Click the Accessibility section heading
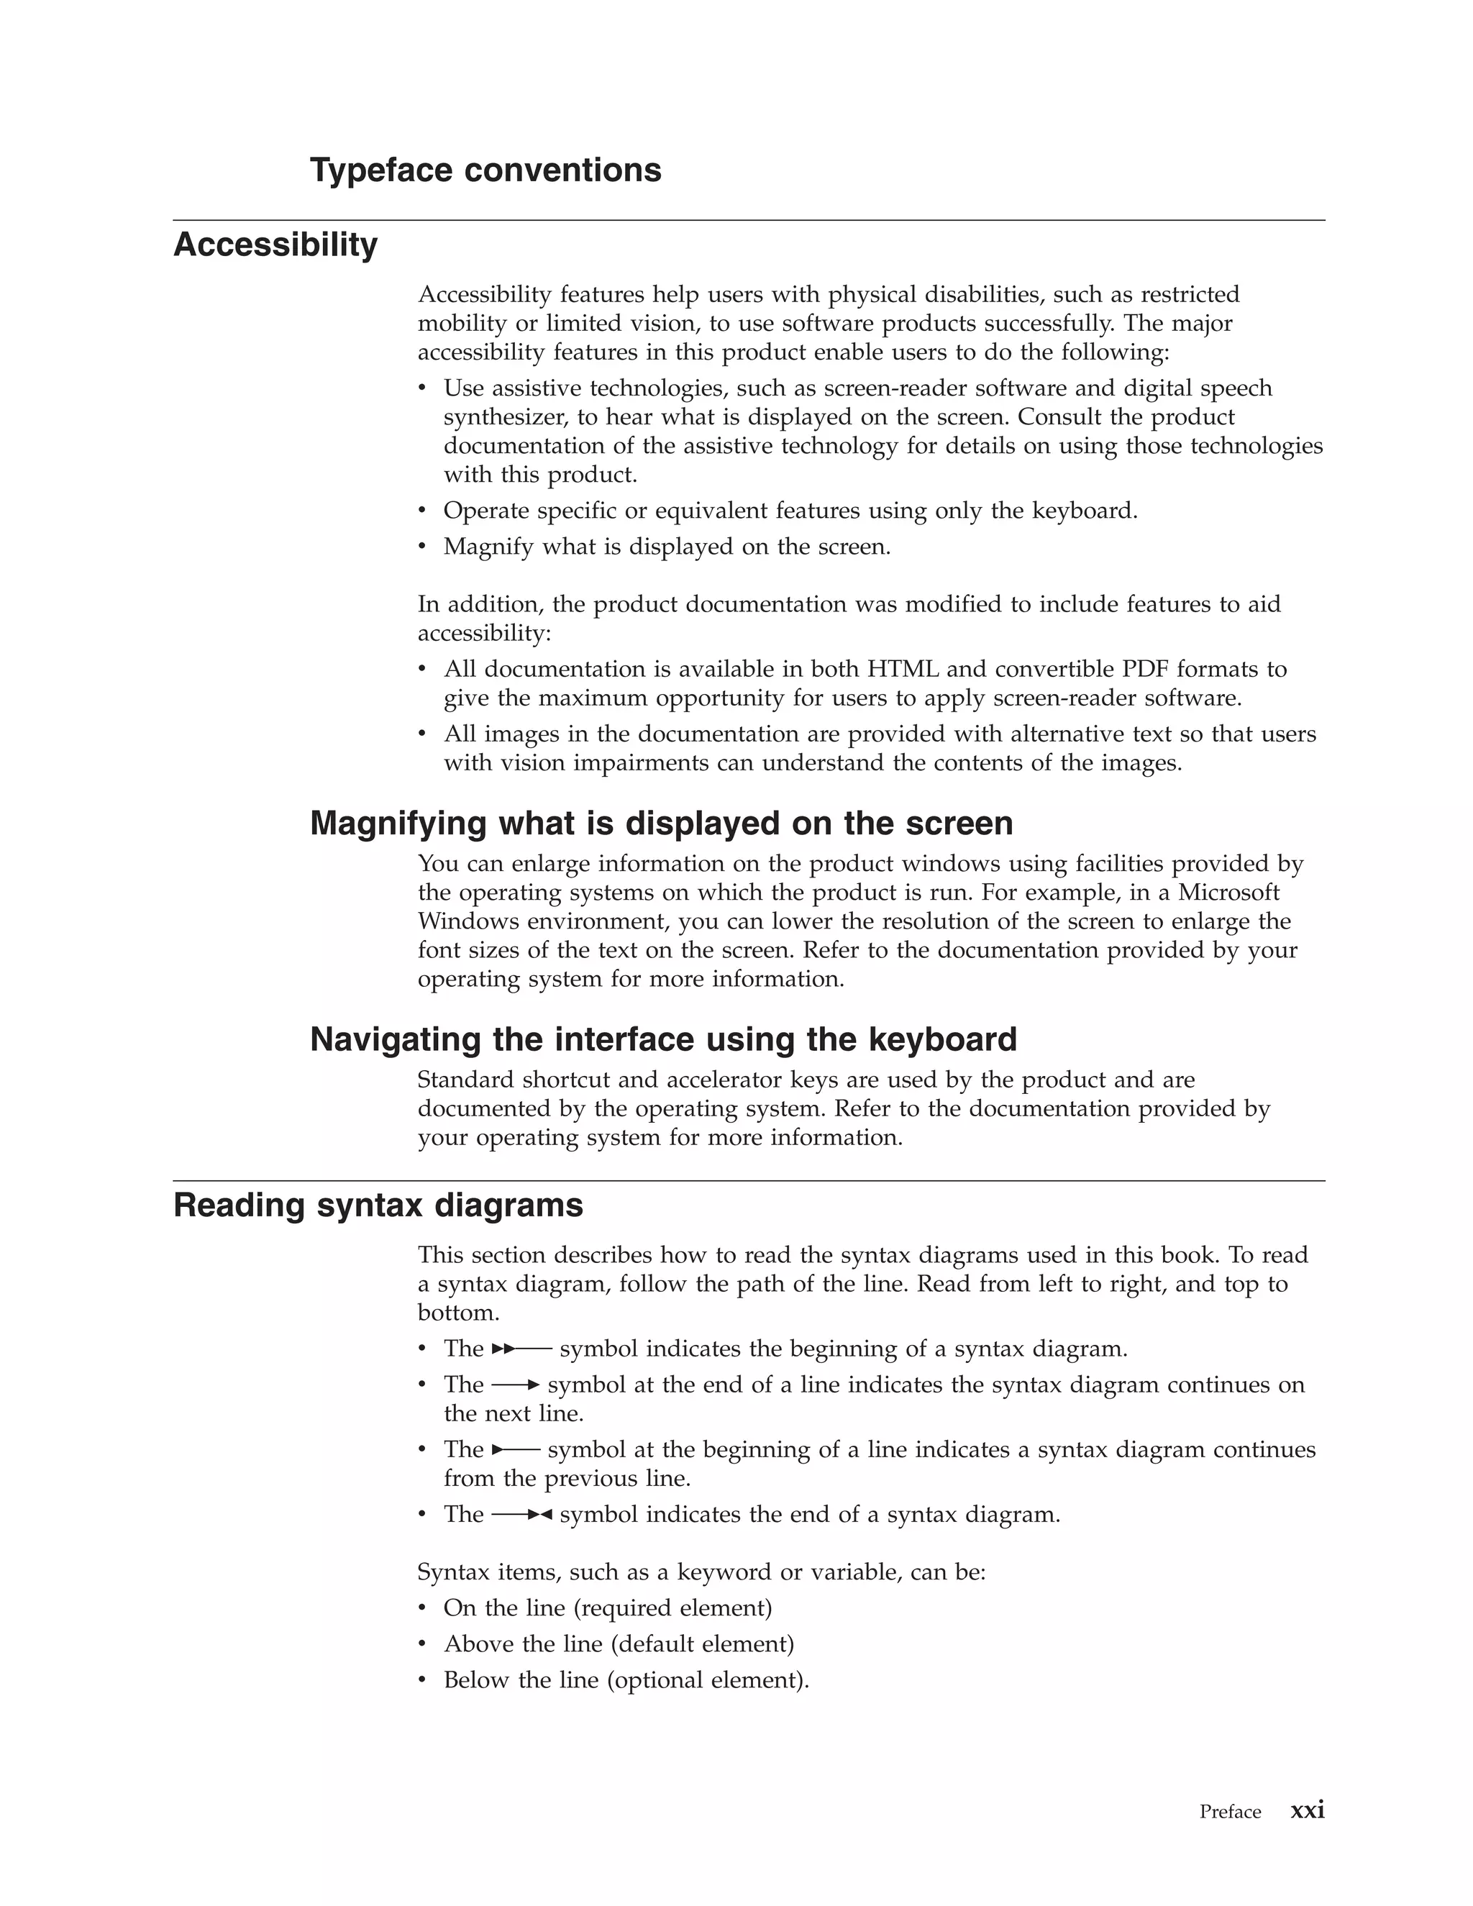[x=275, y=245]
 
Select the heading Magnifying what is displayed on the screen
[x=662, y=823]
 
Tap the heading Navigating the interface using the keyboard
[x=663, y=1039]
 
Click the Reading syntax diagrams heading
[x=378, y=1205]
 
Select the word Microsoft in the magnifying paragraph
[x=1228, y=893]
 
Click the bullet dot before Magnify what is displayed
[x=422, y=547]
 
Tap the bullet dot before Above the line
[x=422, y=1644]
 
